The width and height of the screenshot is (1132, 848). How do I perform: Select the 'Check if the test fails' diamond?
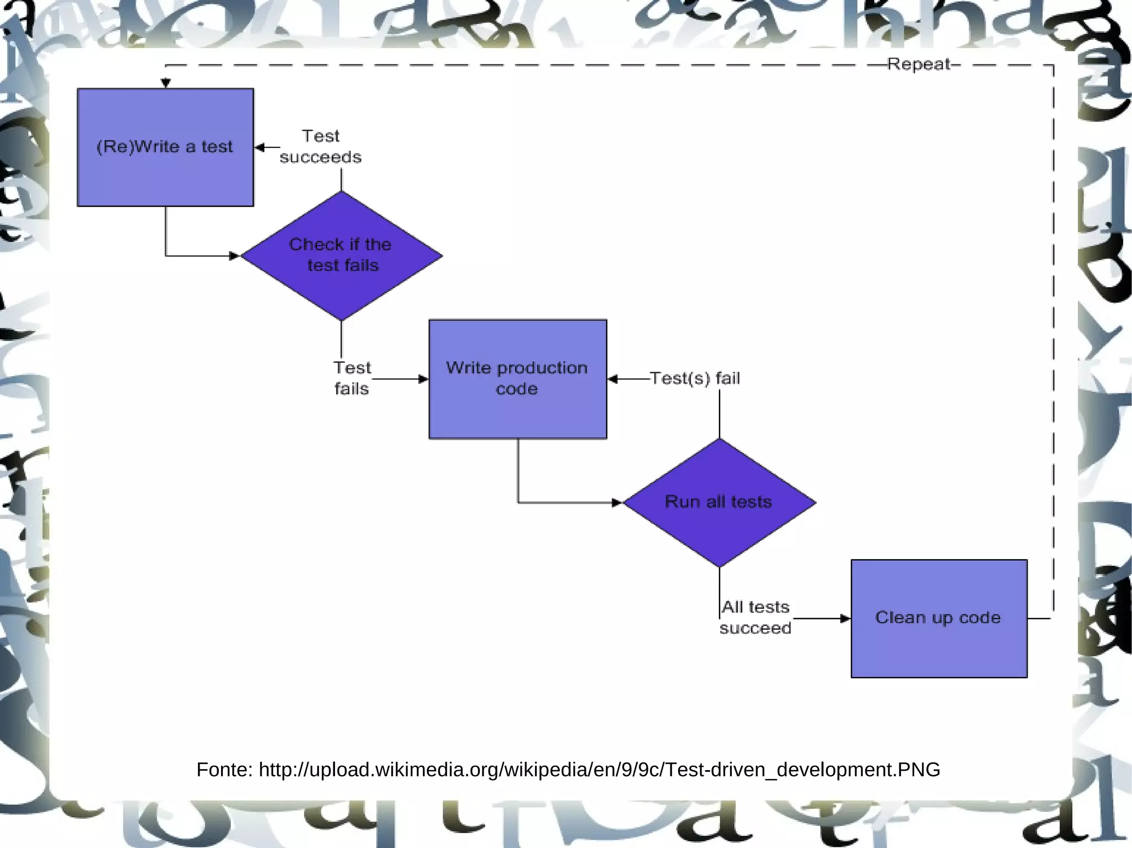pyautogui.click(x=341, y=255)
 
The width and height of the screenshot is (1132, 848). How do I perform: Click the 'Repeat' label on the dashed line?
pyautogui.click(x=919, y=64)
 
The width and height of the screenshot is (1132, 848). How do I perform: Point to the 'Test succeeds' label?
pyautogui.click(x=321, y=146)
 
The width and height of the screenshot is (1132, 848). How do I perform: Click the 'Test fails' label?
pyautogui.click(x=352, y=378)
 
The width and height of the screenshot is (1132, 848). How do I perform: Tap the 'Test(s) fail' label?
pyautogui.click(x=695, y=378)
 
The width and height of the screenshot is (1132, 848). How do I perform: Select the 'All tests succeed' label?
pyautogui.click(x=756, y=618)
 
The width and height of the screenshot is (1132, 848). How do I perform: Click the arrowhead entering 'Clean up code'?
pyautogui.click(x=845, y=619)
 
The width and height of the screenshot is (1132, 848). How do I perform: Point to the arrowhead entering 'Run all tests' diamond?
pyautogui.click(x=617, y=503)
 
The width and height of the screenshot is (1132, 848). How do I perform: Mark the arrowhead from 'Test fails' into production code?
pyautogui.click(x=423, y=379)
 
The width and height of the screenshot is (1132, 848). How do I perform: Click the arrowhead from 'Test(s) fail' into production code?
pyautogui.click(x=613, y=379)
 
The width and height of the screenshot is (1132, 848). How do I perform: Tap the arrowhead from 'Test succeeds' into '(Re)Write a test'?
pyautogui.click(x=260, y=148)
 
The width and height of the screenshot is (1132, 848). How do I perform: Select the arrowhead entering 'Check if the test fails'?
pyautogui.click(x=234, y=256)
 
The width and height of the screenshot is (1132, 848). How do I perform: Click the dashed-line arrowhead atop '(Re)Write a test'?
pyautogui.click(x=166, y=83)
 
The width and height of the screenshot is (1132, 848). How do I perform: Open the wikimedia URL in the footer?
pyautogui.click(x=599, y=770)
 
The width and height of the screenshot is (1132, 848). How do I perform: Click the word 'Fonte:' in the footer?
pyautogui.click(x=224, y=770)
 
